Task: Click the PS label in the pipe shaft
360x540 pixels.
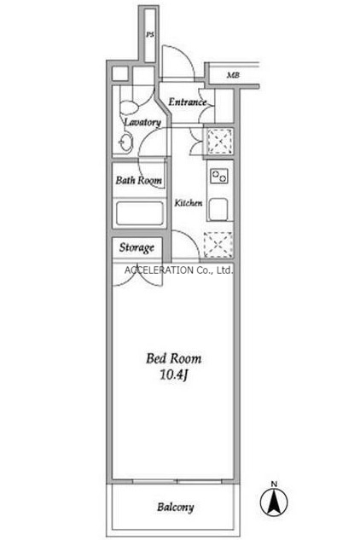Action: [150, 35]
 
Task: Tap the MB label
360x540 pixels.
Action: [233, 75]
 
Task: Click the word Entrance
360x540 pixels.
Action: [188, 102]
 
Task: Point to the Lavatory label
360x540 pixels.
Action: [142, 122]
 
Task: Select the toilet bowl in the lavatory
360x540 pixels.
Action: [129, 107]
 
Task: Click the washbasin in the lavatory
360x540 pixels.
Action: [125, 142]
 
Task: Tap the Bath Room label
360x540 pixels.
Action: [138, 180]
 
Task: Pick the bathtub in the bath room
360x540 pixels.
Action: [140, 213]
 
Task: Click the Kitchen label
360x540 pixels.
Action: [188, 203]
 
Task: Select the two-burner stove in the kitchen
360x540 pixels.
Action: [219, 176]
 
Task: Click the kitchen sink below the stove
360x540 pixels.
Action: [218, 209]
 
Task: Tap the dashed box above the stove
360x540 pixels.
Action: [219, 142]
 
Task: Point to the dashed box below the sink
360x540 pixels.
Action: [218, 245]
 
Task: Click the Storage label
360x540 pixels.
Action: [136, 247]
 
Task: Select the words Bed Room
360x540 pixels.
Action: [174, 358]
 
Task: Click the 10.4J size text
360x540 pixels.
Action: [173, 375]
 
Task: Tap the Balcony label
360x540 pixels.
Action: [176, 508]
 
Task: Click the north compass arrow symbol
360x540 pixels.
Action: [274, 502]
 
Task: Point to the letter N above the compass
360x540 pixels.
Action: [274, 485]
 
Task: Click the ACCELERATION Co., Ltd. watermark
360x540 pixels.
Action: [179, 270]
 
